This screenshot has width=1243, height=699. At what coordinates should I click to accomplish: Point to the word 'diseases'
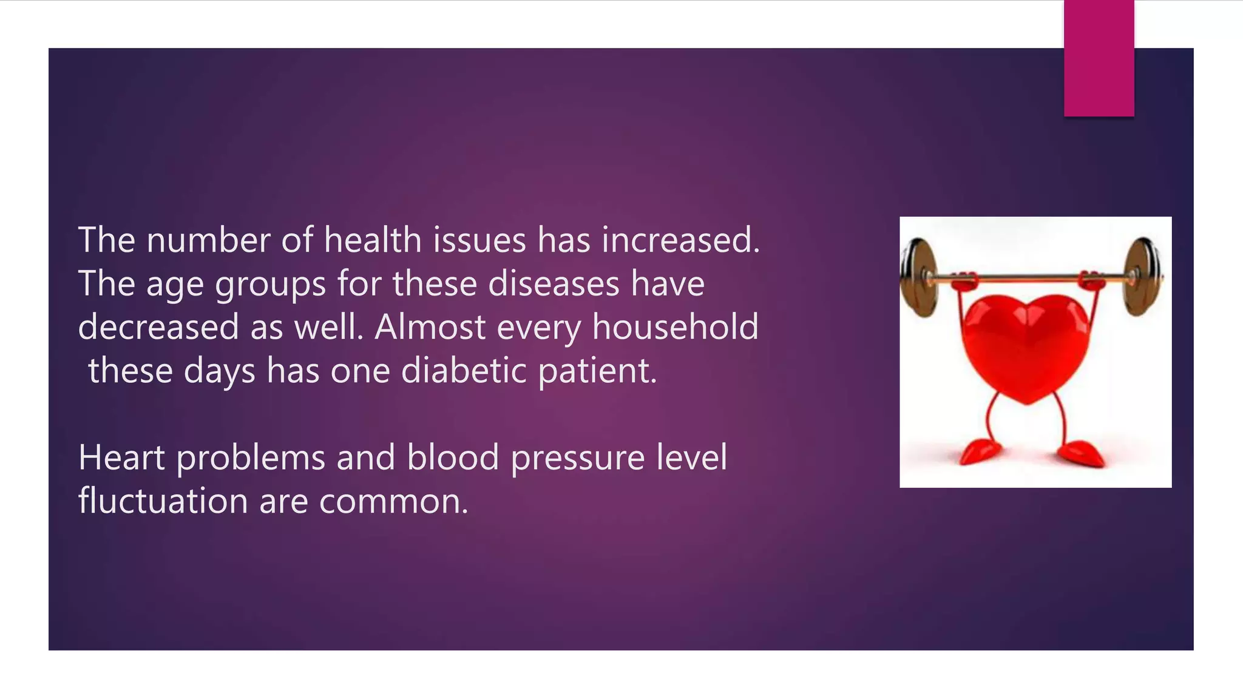[x=554, y=284]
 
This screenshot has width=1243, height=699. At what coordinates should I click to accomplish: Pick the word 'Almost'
[x=430, y=328]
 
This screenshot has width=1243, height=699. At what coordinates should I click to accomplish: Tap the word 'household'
[x=675, y=328]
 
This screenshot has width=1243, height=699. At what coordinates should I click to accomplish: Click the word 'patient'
[x=596, y=372]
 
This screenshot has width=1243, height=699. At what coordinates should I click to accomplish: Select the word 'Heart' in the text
[x=121, y=458]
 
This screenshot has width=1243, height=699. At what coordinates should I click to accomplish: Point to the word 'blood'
[x=453, y=458]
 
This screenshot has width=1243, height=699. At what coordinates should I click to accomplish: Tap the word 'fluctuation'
[x=163, y=502]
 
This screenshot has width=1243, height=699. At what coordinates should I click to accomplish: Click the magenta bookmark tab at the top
[x=1099, y=58]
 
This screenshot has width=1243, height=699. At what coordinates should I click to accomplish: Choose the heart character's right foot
[x=1081, y=453]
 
